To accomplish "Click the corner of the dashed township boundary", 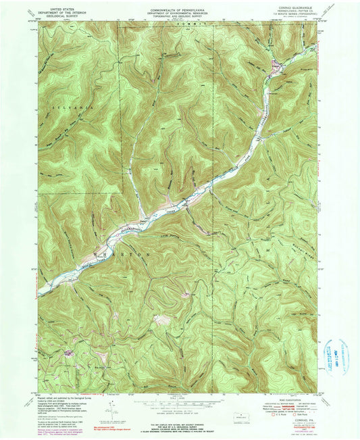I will [x=122, y=193].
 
